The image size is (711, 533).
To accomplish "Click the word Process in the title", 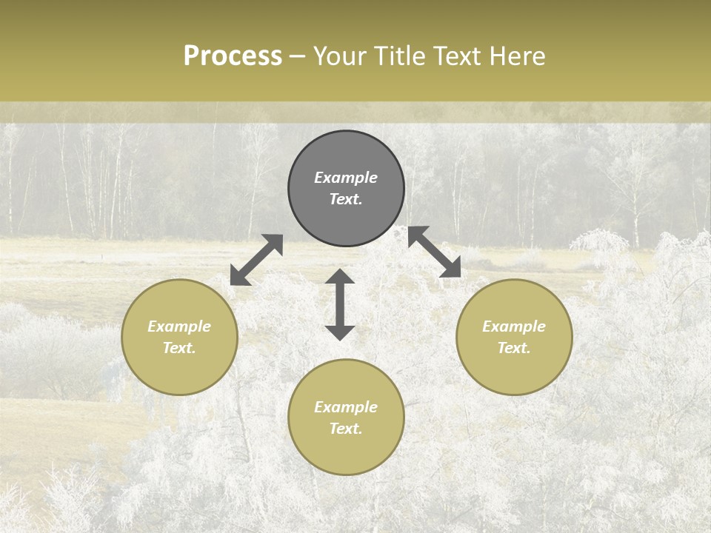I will pyautogui.click(x=233, y=56).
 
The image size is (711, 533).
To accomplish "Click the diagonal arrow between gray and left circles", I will pyautogui.click(x=256, y=260).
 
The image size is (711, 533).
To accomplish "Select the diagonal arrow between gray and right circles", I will pyautogui.click(x=435, y=252).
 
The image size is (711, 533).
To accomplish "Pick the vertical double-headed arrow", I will pyautogui.click(x=340, y=304).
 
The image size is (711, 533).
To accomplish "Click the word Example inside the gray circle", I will pyautogui.click(x=346, y=178).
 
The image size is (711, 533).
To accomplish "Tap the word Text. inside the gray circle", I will pyautogui.click(x=346, y=199).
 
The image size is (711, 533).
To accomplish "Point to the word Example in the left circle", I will pyautogui.click(x=179, y=326).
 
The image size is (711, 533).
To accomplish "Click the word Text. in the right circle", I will pyautogui.click(x=514, y=348).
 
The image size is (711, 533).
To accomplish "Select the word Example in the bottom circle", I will pyautogui.click(x=346, y=407).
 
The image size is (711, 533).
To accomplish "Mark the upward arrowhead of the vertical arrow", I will pyautogui.click(x=340, y=276).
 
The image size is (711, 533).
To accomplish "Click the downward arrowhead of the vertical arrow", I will pyautogui.click(x=340, y=332).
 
